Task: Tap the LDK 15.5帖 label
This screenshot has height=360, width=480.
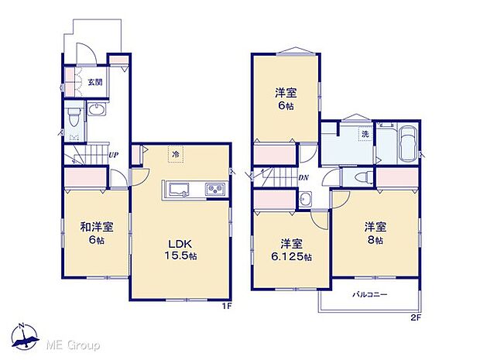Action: pos(181,248)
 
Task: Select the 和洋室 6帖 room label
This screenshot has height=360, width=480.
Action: pos(98,233)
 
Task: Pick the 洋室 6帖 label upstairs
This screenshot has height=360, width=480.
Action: pos(286,100)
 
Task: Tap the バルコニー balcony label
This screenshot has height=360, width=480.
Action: pos(370,295)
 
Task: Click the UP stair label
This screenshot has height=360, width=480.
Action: pos(113,155)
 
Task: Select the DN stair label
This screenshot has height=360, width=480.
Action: pos(303,176)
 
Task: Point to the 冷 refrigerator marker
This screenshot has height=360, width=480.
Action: pos(176,153)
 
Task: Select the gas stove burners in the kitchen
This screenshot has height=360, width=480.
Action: pos(213,190)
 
